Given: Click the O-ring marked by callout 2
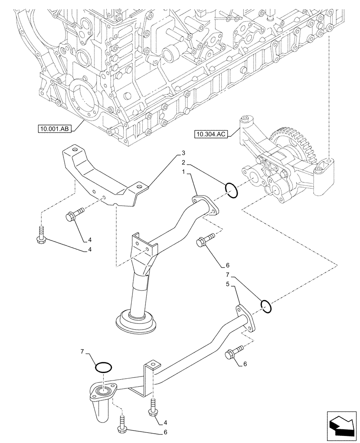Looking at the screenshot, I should pyautogui.click(x=232, y=190).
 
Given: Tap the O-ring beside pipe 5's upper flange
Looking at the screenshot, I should pyautogui.click(x=266, y=306).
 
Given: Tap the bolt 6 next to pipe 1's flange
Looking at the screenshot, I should pyautogui.click(x=205, y=241).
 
